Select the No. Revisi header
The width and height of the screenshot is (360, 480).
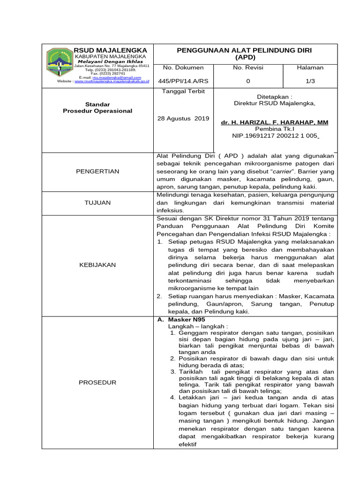(248, 67)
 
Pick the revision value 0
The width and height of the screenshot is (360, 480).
(248, 81)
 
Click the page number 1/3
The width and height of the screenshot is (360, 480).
(310, 81)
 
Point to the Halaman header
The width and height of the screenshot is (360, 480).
(310, 67)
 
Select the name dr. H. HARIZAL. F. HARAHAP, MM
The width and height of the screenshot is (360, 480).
(274, 122)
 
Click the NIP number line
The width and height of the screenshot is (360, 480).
(275, 135)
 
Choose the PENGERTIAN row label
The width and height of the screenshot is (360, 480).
(97, 171)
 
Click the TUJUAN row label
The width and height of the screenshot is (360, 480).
(97, 202)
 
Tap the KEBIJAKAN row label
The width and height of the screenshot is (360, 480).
(97, 265)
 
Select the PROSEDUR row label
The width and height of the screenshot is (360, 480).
(97, 382)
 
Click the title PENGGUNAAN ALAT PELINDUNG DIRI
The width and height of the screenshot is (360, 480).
(244, 50)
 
